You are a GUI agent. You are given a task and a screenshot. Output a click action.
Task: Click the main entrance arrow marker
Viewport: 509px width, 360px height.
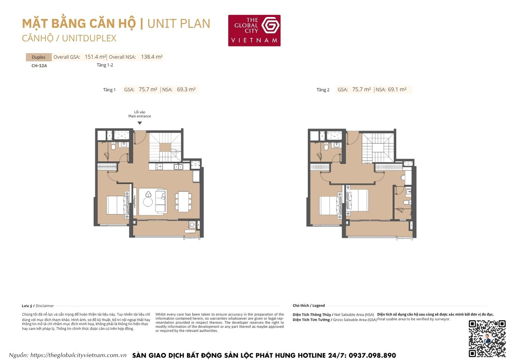pyautogui.click(x=139, y=123)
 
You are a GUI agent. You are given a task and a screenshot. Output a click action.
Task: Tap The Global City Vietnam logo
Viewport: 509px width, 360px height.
pyautogui.click(x=254, y=30)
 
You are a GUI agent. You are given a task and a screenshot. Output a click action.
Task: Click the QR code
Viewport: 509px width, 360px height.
pyautogui.click(x=487, y=338)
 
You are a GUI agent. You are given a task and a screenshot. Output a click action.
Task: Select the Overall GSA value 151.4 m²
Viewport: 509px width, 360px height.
pyautogui.click(x=95, y=57)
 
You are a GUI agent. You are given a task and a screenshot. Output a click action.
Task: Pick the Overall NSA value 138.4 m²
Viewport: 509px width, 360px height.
pyautogui.click(x=151, y=57)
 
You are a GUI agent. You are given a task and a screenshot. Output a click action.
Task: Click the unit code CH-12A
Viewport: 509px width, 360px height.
pyautogui.click(x=39, y=66)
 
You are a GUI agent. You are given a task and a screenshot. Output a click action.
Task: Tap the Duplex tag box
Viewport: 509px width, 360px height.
pyautogui.click(x=39, y=57)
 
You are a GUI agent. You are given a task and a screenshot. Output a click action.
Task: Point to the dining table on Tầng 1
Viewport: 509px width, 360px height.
pyautogui.click(x=183, y=201)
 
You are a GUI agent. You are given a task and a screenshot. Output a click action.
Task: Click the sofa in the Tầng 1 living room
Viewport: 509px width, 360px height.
pyautogui.click(x=161, y=201)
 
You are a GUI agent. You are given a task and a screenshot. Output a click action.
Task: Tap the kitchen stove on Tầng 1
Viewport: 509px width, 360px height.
pyautogui.click(x=158, y=167)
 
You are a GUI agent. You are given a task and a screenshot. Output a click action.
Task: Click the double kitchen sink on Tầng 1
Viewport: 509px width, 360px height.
pyautogui.click(x=178, y=167)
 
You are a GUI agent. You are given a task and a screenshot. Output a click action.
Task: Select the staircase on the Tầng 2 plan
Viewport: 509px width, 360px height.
pyautogui.click(x=377, y=148)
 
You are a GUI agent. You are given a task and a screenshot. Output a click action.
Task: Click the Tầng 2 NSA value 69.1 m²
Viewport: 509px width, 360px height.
pyautogui.click(x=397, y=90)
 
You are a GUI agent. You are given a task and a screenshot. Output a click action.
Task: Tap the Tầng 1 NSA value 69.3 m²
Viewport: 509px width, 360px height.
pyautogui.click(x=186, y=90)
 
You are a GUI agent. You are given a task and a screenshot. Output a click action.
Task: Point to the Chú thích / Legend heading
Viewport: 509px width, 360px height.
pyautogui.click(x=308, y=306)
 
